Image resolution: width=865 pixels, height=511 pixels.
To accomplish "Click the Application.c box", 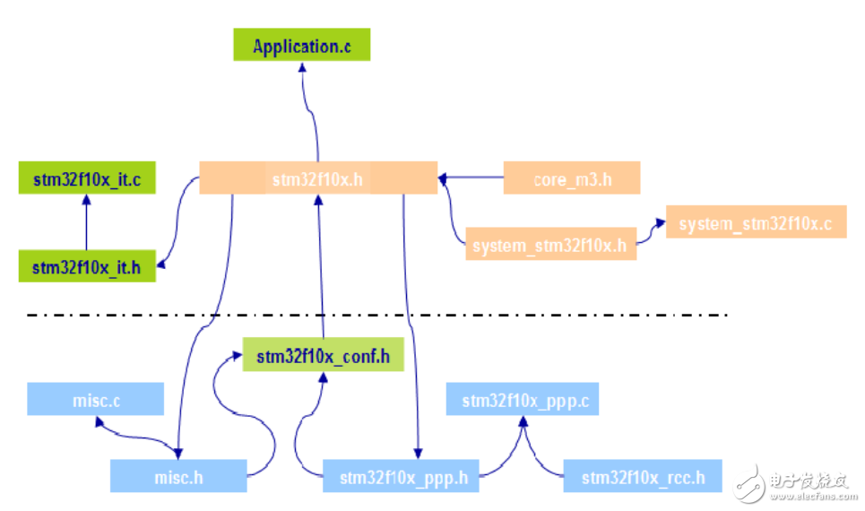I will tap(301, 46).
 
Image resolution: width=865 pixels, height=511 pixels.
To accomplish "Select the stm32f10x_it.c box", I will tap(87, 178).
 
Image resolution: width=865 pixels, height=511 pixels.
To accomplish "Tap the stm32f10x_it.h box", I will tap(87, 266).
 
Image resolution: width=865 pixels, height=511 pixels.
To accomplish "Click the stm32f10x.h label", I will tap(317, 178).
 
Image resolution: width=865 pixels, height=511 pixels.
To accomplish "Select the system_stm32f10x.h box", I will tap(550, 245).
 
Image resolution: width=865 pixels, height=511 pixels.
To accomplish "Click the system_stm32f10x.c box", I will tap(756, 223).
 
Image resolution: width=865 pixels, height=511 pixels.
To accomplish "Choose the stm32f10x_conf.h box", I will tap(324, 356).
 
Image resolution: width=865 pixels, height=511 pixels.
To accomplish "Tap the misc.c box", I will tap(96, 400).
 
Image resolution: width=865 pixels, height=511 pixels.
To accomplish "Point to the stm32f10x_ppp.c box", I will tap(522, 400).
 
